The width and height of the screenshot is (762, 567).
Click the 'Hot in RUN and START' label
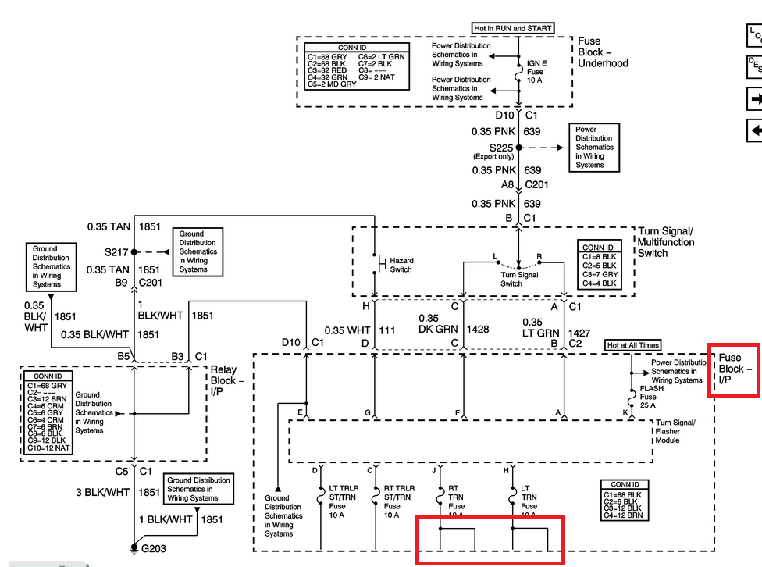coord(513,29)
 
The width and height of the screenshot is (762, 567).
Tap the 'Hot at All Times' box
coord(633,345)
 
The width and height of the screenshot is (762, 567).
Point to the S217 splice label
coord(119,252)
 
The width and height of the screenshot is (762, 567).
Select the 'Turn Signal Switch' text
coord(519,279)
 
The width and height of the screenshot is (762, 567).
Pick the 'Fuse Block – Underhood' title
coord(602,52)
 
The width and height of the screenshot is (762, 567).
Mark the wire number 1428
coord(477,330)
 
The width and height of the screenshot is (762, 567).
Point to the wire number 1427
coord(579,333)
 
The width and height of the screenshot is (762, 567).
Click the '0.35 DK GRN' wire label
coord(439,324)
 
